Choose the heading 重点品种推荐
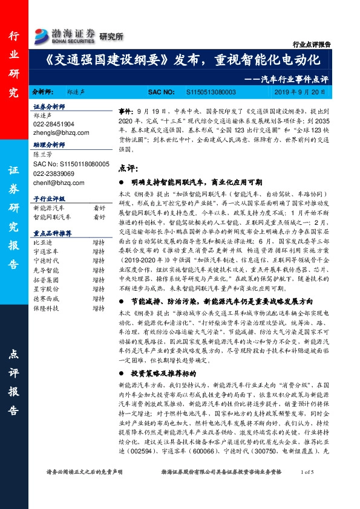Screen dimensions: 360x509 (x=53, y=233)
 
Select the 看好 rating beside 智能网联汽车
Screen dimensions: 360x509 (x=98, y=216)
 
